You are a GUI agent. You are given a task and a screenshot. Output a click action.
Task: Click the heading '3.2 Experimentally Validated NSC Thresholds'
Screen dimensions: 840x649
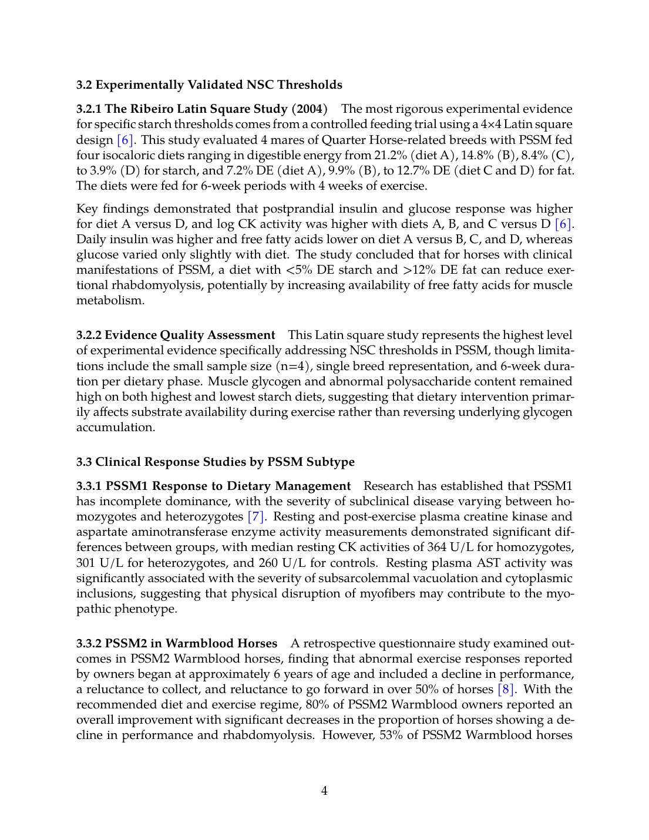[x=209, y=85]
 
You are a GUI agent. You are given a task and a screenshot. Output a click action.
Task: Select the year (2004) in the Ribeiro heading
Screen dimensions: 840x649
[x=310, y=109]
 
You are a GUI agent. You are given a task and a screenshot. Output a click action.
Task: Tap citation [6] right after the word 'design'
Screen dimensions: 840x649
[x=126, y=140]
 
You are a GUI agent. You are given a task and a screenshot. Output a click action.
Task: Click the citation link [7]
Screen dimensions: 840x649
[x=256, y=516]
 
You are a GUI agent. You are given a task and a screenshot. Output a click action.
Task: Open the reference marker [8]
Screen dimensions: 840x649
[x=506, y=689]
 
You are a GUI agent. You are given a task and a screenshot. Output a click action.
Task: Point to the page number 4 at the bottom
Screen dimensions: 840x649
[x=324, y=791]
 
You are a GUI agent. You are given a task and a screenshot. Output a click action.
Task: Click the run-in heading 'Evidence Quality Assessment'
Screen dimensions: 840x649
[x=190, y=335]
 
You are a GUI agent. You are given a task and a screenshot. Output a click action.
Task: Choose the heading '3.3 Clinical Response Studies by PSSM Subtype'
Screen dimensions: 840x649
[x=216, y=462]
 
